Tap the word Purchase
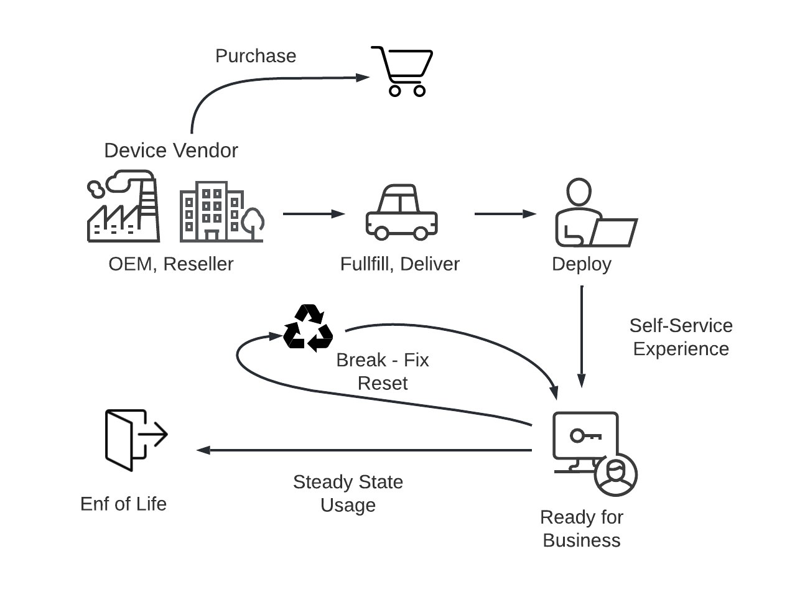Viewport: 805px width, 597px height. click(x=256, y=56)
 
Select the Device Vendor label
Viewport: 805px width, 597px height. click(x=171, y=150)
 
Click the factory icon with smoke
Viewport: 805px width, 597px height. click(x=123, y=207)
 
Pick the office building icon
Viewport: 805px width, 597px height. click(x=212, y=211)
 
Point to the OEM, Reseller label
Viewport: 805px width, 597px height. click(x=171, y=264)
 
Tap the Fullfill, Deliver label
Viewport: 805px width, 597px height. click(x=400, y=264)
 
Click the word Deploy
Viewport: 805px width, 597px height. click(x=582, y=264)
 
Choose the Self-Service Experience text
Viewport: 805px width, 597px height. click(x=681, y=337)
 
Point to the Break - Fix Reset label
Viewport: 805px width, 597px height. click(x=383, y=371)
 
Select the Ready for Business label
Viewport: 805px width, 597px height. click(x=582, y=529)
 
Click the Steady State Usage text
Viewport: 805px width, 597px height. click(x=348, y=493)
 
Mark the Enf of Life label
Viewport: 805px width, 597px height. click(x=124, y=504)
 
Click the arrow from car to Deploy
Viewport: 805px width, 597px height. click(x=505, y=214)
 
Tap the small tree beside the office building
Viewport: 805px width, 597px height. click(x=253, y=223)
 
